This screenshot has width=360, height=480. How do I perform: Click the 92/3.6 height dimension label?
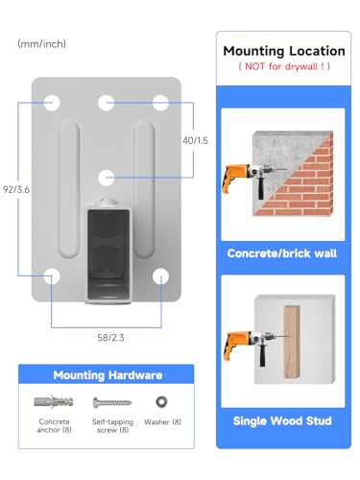16,189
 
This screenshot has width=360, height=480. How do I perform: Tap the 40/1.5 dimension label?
195,140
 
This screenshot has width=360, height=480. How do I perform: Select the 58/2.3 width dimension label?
110,338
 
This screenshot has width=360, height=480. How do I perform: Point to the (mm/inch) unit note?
42,44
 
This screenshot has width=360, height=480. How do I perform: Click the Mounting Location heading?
284,51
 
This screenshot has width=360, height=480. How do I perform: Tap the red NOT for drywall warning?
284,66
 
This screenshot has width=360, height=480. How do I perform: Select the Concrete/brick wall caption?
282,253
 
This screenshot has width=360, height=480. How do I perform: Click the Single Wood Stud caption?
282,420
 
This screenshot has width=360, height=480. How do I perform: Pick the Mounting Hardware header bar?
107,374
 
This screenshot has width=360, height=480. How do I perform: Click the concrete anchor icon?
54,401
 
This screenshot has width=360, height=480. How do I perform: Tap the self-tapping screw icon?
112,402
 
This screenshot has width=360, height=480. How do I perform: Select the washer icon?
161,402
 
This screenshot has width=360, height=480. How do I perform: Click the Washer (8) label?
163,422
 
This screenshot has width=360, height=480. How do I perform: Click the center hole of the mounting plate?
107,178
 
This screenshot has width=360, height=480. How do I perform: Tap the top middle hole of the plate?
107,103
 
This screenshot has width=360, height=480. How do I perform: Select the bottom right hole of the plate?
160,276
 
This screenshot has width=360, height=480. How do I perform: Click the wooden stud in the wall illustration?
292,342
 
